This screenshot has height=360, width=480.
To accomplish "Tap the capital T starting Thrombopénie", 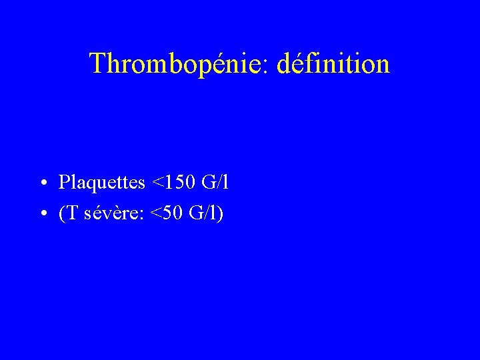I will pos(98,63).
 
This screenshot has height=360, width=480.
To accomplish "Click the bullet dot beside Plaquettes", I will pos(42,183).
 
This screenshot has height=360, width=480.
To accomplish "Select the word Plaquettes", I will pos(101,181).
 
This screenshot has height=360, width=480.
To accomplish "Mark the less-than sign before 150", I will pos(159,182).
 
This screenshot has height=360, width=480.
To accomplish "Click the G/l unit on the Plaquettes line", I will pos(217,181).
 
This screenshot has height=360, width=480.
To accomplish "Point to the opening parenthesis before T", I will pos(61,214).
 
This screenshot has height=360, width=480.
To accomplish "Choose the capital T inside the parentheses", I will pos(71,213).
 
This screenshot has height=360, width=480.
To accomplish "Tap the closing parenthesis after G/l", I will pos(220,214).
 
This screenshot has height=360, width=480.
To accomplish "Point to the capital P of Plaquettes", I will pos(64,181).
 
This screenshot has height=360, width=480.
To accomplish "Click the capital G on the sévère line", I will pos(196,213).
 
